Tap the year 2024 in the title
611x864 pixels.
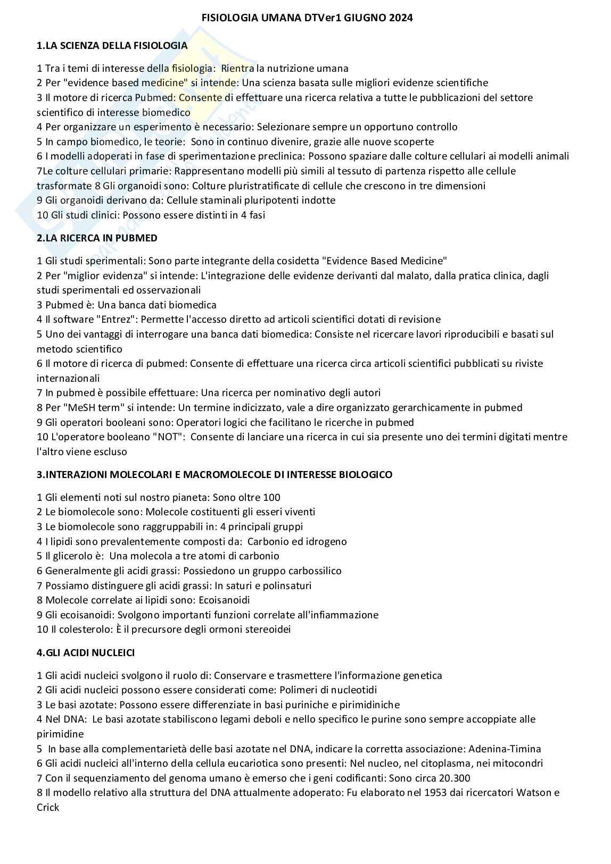pos(401,18)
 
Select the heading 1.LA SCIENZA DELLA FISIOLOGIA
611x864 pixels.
pos(112,46)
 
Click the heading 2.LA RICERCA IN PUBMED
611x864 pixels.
pos(97,238)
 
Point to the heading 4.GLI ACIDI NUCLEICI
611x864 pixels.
pos(86,652)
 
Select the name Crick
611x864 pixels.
pos(48,808)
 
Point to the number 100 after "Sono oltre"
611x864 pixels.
pos(272,498)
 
